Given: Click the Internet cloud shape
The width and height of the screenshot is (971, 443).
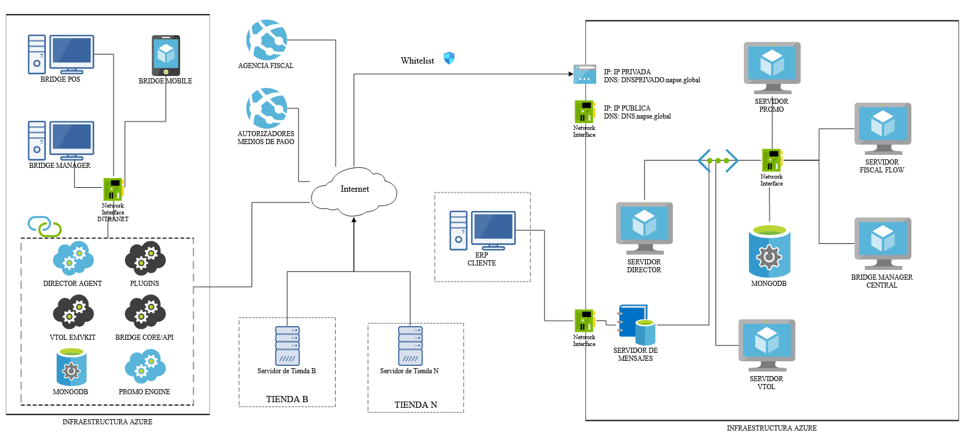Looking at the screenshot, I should [354, 192].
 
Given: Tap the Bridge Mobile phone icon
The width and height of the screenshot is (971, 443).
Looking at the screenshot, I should [166, 55].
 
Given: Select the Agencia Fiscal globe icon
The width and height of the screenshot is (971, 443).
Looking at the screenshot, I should [266, 40].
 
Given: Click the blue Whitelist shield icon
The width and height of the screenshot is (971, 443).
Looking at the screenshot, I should [449, 58].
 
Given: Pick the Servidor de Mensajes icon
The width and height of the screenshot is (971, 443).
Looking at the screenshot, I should [637, 325].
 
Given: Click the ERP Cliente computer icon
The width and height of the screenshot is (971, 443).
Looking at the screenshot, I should [483, 230].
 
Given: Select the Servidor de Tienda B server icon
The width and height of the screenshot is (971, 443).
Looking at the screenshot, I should [287, 345].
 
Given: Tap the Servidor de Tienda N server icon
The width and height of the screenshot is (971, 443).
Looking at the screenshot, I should [410, 345].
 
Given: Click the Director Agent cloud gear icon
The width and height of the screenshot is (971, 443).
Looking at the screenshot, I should [73, 259].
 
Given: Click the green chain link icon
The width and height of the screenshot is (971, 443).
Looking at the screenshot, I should [45, 226].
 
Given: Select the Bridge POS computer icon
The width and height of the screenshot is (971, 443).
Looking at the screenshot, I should [61, 54].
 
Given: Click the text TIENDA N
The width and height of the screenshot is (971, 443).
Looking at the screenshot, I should [416, 405].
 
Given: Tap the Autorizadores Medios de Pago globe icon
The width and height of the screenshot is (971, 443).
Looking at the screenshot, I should [266, 108].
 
